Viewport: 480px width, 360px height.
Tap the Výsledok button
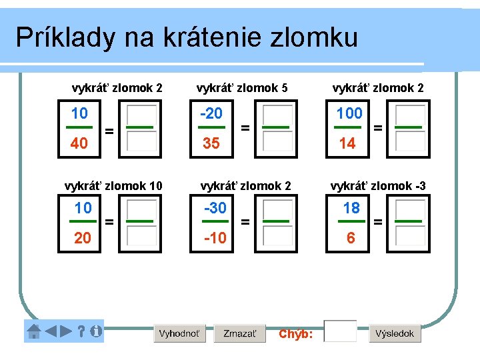(x=395, y=333)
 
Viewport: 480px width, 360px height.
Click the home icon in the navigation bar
(x=33, y=331)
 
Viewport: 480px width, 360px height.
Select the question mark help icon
(x=81, y=331)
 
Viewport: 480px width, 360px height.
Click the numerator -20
(x=211, y=113)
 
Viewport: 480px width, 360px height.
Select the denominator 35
(x=211, y=143)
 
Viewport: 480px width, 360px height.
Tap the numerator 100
(x=349, y=113)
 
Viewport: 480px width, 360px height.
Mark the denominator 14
(x=348, y=143)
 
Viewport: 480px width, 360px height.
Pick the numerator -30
(x=215, y=208)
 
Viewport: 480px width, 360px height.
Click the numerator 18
(x=351, y=208)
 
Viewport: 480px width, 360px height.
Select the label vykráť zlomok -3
(x=378, y=186)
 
